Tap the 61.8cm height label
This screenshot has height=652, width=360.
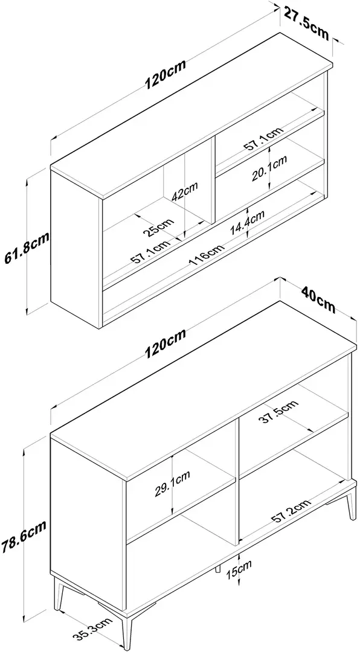(26, 248)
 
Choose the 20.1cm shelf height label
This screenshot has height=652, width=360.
(269, 168)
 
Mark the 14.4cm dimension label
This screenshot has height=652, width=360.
(247, 223)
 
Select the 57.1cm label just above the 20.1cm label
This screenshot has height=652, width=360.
(263, 138)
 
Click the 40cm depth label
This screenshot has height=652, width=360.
(318, 300)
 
